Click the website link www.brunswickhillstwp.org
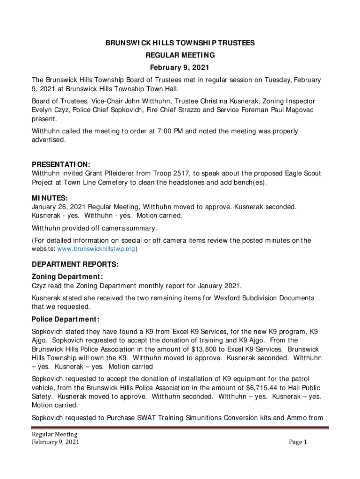97,249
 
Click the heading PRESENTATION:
61,165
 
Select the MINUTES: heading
50,198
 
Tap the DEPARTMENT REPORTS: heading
75,265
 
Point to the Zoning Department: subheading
67,276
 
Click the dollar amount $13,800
202,349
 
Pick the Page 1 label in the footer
297,442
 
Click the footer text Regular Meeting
51,435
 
